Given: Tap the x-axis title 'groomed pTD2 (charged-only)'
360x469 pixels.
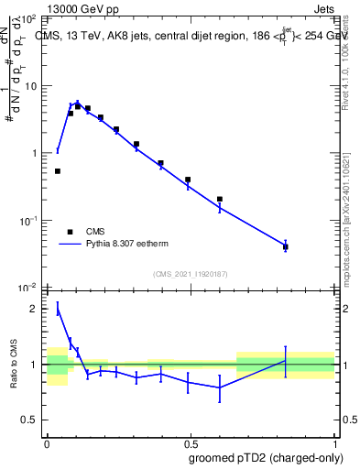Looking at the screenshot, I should point(266,457).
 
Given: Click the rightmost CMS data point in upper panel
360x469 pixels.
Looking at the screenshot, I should point(286,246).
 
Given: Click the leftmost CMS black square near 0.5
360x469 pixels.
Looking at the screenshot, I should point(58,171).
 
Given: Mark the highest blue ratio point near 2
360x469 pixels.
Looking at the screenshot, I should point(58,310).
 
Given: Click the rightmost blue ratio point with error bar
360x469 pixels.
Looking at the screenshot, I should point(286,361).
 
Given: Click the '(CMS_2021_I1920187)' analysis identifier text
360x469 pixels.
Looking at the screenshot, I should point(191,274).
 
